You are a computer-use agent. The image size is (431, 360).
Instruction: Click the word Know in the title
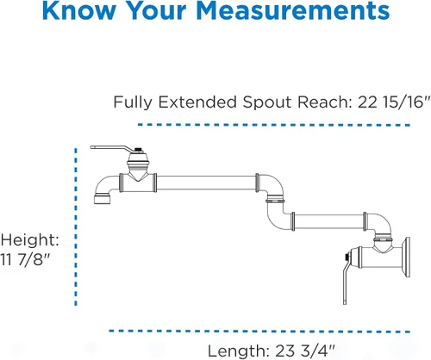78,10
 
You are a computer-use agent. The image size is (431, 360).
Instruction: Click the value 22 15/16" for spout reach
394,102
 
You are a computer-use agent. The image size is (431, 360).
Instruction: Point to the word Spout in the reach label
267,102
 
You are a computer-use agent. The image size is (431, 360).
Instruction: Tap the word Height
29,239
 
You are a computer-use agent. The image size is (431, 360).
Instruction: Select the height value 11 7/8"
25,259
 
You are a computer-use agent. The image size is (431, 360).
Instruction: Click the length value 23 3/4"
305,351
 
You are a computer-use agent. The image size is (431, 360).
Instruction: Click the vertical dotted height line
76,227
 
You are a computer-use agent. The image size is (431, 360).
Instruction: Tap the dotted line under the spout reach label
274,125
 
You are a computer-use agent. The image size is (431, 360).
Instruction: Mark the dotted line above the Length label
259,332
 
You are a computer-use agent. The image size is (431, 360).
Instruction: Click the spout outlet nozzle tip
103,199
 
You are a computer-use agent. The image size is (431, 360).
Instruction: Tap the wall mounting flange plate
407,258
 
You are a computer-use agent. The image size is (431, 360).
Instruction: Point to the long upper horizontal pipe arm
206,183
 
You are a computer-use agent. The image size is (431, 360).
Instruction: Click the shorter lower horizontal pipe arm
328,221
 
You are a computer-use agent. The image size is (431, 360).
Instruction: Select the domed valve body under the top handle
138,162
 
